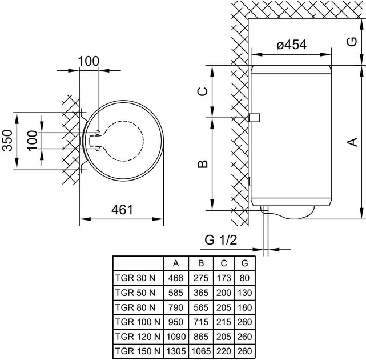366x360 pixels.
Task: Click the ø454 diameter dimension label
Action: click(x=291, y=45)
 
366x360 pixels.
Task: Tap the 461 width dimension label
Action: click(x=122, y=210)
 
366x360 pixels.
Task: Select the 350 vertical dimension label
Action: click(x=7, y=141)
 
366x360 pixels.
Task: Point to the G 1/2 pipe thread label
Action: click(x=220, y=239)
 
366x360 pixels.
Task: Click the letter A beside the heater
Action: click(x=352, y=142)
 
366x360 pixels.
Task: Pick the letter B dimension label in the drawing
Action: click(x=202, y=164)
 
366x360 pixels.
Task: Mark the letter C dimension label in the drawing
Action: click(x=202, y=91)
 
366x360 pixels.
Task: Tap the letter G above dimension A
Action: click(x=352, y=42)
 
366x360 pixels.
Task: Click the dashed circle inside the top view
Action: click(x=143, y=141)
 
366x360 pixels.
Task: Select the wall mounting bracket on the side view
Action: click(x=254, y=118)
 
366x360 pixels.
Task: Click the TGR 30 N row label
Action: click(x=135, y=278)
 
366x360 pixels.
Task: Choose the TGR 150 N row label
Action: click(x=138, y=351)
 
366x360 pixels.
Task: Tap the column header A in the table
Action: click(x=176, y=263)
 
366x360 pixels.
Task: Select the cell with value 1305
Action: click(x=176, y=351)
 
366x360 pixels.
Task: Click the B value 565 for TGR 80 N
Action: click(x=201, y=307)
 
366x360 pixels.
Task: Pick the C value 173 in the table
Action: click(x=224, y=278)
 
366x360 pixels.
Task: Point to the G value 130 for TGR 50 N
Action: click(x=244, y=293)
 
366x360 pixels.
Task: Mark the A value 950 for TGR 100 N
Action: click(x=176, y=322)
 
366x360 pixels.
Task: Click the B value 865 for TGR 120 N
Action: click(x=201, y=337)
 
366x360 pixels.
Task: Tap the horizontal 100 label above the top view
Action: click(x=89, y=61)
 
